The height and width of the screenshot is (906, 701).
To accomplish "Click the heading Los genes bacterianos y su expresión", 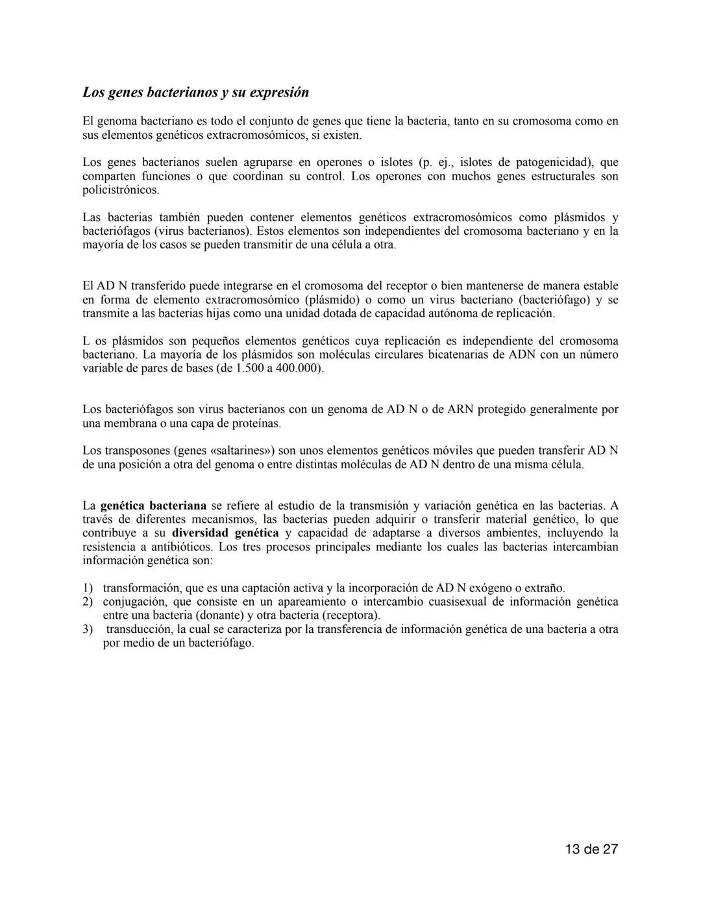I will tap(195, 92).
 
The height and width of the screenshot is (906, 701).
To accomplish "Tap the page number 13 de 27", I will tap(591, 849).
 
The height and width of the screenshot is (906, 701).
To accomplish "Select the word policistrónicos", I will tap(120, 190).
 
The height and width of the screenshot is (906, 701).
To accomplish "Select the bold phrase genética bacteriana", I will tap(153, 506).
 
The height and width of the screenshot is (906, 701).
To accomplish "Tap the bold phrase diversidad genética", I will tap(225, 533).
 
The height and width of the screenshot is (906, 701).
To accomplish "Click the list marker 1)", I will tap(88, 588).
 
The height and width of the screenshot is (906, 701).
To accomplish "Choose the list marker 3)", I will tap(88, 629).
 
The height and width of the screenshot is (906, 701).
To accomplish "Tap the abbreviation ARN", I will tap(461, 410).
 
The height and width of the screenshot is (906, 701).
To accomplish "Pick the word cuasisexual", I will tap(417, 602).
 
